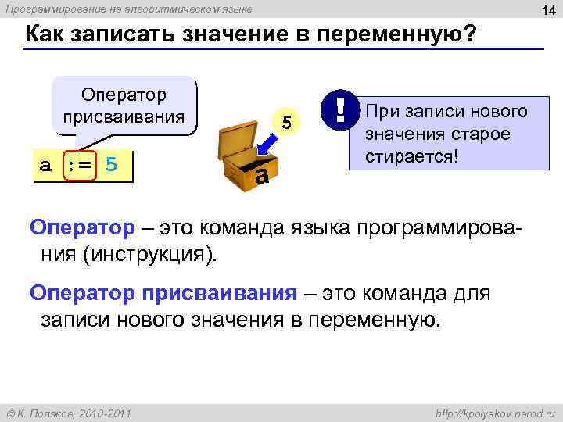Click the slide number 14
pos(548,9)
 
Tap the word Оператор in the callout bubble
pos(124,95)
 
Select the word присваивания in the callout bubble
pos(124,118)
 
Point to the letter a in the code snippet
pos(46,166)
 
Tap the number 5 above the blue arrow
pos(286,122)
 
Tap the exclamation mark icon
pos(339,109)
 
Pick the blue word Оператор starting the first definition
pos(82,228)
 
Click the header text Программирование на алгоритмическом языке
pos(129,9)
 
